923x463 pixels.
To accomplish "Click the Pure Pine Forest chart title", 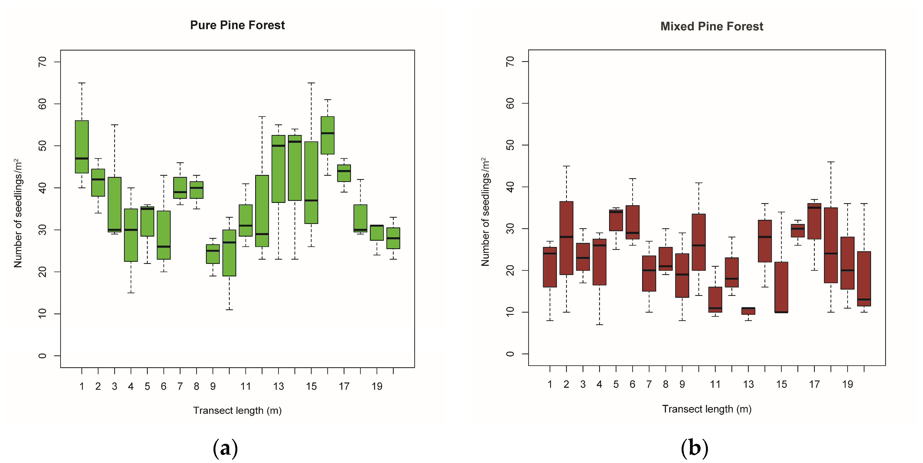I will (237, 25).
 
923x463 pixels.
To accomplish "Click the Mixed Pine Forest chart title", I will (712, 26).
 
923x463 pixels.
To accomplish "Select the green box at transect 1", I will (82, 147).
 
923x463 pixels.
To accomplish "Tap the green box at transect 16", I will (327, 135).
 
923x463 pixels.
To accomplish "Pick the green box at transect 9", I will (213, 254).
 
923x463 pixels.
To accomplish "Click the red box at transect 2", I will (566, 238).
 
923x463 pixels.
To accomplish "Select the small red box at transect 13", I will (748, 311).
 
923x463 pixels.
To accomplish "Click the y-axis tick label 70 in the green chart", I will (42, 62).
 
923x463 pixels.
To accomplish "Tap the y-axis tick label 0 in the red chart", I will (510, 354).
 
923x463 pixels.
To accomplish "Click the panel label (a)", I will (225, 448).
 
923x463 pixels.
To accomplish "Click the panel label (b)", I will (694, 448).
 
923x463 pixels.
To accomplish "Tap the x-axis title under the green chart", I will (237, 410).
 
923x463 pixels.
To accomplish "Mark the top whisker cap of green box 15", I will (311, 83).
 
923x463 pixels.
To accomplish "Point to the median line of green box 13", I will (278, 146).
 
